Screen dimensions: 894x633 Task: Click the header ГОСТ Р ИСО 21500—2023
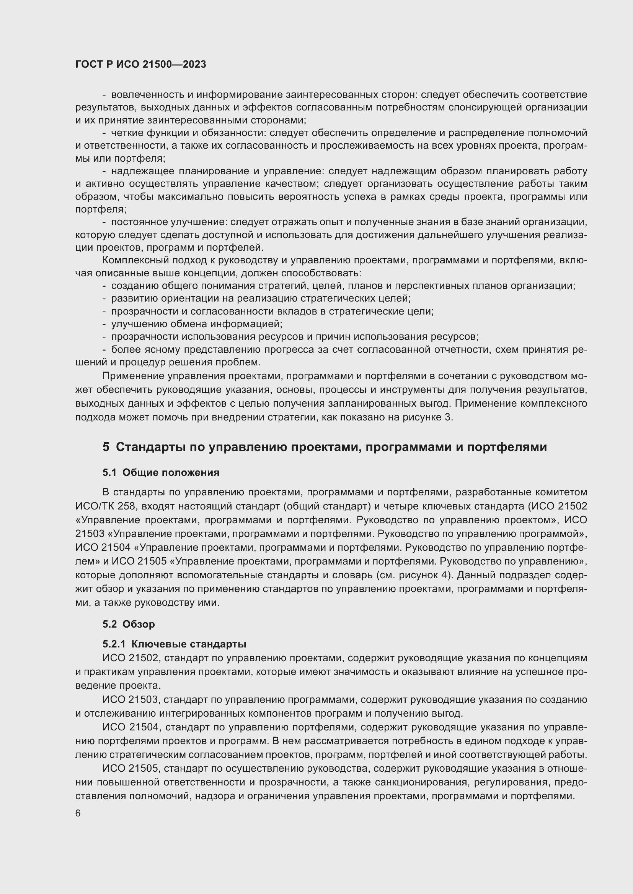pyautogui.click(x=141, y=64)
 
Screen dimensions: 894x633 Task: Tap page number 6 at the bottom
pyautogui.click(x=78, y=813)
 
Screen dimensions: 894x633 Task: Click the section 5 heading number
pyautogui.click(x=106, y=446)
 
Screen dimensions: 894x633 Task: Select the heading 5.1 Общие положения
pyautogui.click(x=161, y=472)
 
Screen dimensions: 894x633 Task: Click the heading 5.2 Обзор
pyautogui.click(x=129, y=624)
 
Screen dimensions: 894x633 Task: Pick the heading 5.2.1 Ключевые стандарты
pyautogui.click(x=174, y=644)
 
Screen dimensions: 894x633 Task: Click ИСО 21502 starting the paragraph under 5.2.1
pyautogui.click(x=131, y=658)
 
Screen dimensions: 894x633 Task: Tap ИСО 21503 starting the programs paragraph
pyautogui.click(x=131, y=699)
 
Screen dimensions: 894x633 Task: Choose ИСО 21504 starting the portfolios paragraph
pyautogui.click(x=131, y=727)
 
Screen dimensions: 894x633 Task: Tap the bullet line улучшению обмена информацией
pyautogui.click(x=196, y=324)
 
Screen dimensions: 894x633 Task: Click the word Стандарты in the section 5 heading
pyautogui.click(x=150, y=446)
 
